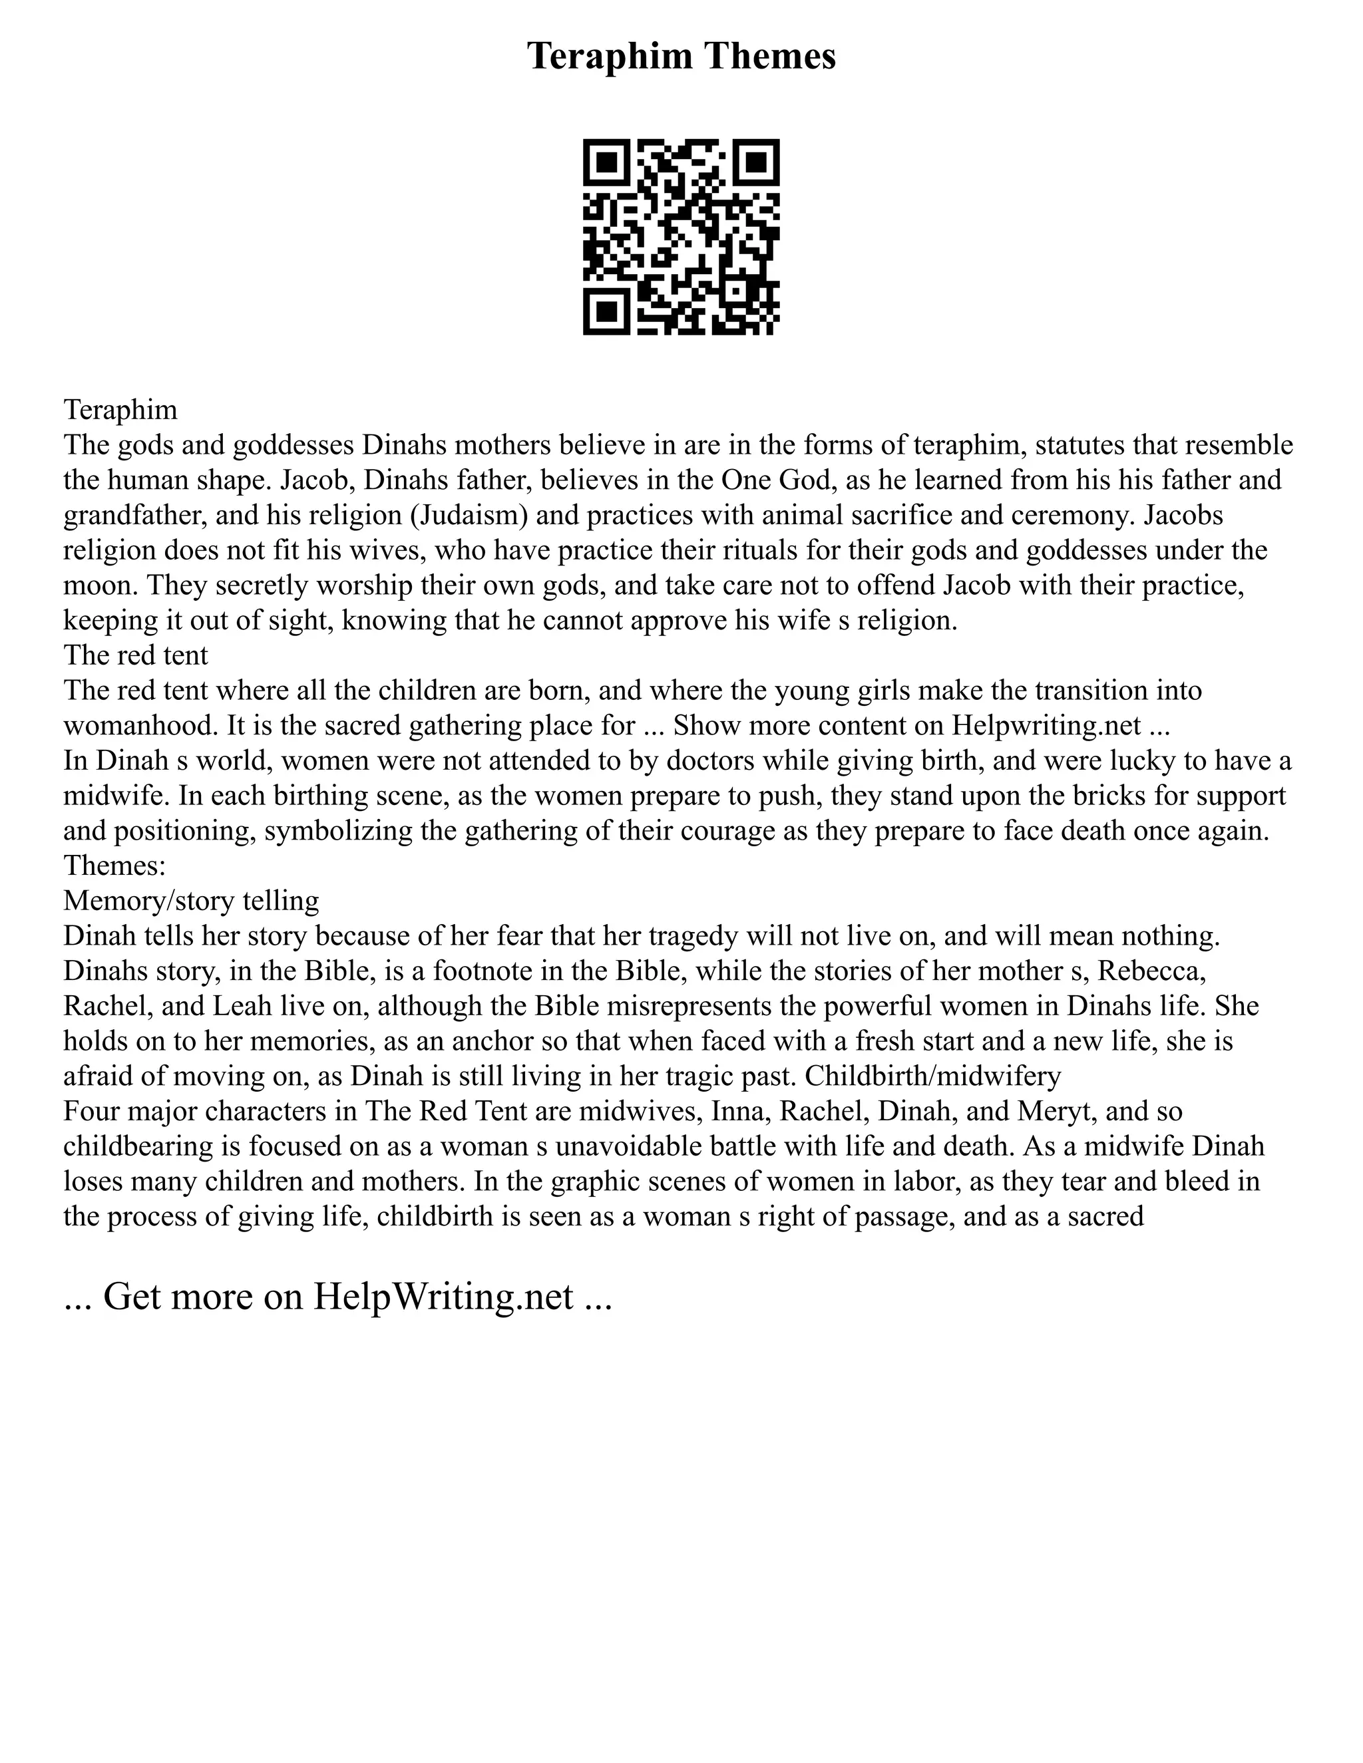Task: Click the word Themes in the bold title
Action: [x=769, y=57]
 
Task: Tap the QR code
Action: [x=681, y=237]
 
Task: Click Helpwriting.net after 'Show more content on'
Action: [x=1046, y=726]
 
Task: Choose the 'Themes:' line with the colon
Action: [x=114, y=866]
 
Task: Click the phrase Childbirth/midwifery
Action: [x=932, y=1076]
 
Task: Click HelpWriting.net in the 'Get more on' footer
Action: [x=443, y=1297]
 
